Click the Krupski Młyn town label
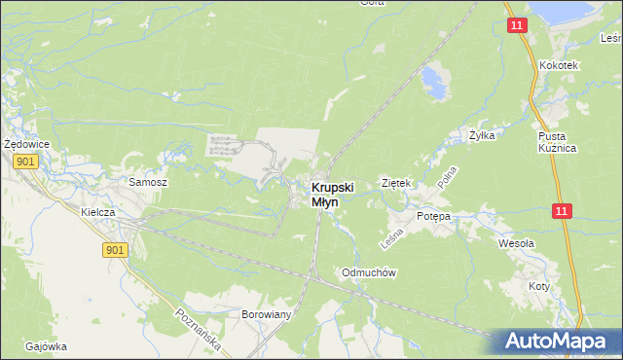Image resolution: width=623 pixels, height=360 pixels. tap(332, 194)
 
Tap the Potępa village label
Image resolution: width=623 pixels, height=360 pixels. tap(434, 216)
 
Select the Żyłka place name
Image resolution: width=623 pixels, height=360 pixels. tap(482, 135)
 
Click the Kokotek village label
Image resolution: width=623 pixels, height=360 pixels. tap(559, 65)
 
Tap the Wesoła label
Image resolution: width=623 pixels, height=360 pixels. tap(516, 243)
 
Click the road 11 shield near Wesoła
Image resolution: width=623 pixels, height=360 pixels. tap(562, 210)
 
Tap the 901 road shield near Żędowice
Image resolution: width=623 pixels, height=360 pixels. tap(25, 162)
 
